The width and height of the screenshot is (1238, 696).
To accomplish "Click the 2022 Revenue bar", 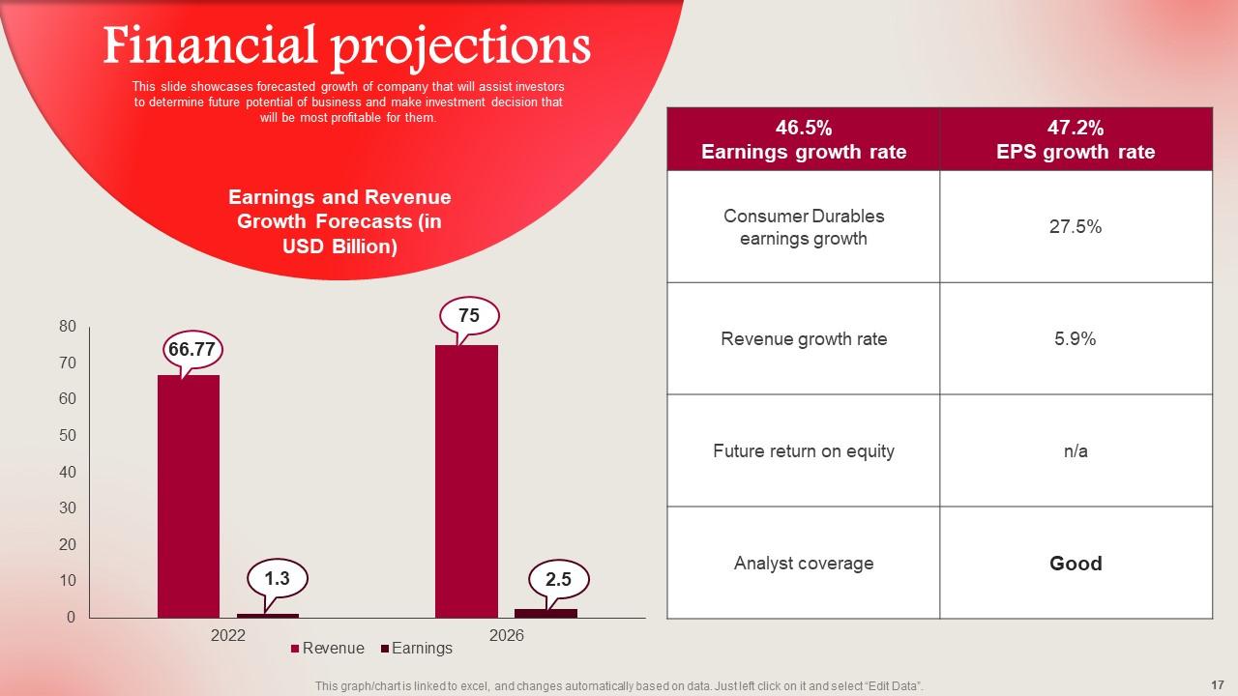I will pos(189,495).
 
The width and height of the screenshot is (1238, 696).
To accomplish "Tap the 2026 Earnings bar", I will pos(545,613).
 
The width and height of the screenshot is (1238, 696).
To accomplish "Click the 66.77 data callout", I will pos(192,349).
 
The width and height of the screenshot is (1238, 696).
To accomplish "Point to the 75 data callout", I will pos(469,316).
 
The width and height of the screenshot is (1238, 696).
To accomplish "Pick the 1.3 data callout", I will pos(277,579).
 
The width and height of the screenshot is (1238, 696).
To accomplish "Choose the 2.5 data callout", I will pos(558,580).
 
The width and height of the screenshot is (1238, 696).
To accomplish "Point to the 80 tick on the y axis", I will pos(68,327).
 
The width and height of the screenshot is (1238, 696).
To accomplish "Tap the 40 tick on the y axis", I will pos(68,472).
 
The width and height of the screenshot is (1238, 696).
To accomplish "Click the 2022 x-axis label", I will pos(228,635).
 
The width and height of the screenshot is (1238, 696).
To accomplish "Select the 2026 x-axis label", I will pos(506,635).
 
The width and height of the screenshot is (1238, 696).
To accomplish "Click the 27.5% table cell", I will pos(1076,227).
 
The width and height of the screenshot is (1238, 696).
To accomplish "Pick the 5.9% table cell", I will pos(1076,339).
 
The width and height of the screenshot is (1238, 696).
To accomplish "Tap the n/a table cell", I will pos(1076,451).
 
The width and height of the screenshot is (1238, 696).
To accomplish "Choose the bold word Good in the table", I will pos(1076,564).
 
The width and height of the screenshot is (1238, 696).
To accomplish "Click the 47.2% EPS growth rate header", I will pos(1076,139).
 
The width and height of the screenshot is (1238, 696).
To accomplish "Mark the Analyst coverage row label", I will pos(803,564).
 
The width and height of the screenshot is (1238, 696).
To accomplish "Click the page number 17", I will pos(1217,684).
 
